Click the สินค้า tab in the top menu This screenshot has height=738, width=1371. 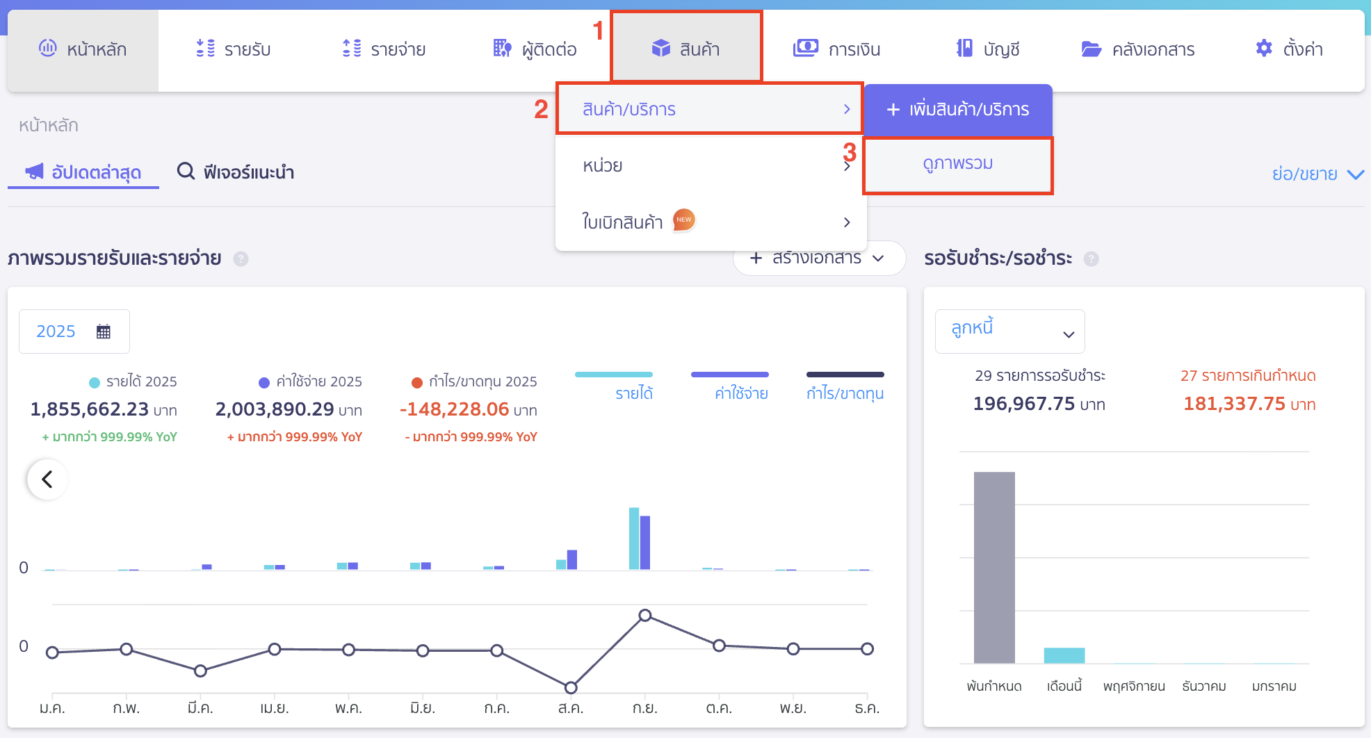(686, 49)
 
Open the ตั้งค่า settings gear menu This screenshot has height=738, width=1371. (1289, 49)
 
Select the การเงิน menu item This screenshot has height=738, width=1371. (837, 49)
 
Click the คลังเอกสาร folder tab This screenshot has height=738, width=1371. (1138, 49)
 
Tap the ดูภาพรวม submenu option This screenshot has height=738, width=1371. (957, 164)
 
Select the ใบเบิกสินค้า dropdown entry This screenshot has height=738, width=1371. (622, 222)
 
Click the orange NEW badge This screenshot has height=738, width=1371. (684, 220)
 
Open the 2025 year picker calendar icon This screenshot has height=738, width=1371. (104, 331)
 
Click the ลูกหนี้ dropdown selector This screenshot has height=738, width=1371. (1009, 331)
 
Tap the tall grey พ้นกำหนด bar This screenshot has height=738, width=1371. (994, 567)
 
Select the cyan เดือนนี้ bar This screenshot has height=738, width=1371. (1064, 655)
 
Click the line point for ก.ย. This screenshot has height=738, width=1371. (645, 616)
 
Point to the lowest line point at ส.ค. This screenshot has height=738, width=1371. (571, 688)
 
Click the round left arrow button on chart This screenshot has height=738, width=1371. (47, 479)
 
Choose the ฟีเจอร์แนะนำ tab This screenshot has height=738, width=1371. (236, 172)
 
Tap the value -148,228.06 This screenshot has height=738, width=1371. (455, 409)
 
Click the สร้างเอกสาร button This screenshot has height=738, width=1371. (818, 259)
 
